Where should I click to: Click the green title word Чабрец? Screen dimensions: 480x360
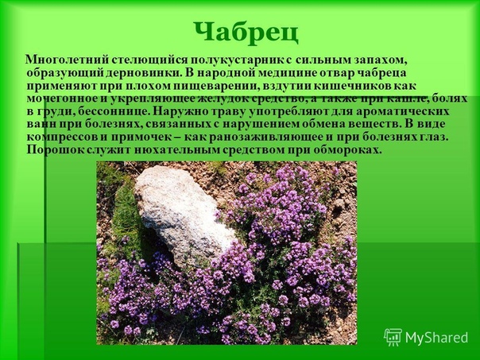tap(246, 33)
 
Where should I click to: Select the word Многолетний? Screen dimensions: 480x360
tap(68, 60)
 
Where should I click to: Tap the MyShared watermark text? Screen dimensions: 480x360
tap(437, 338)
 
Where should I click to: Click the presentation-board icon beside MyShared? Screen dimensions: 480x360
tap(393, 337)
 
